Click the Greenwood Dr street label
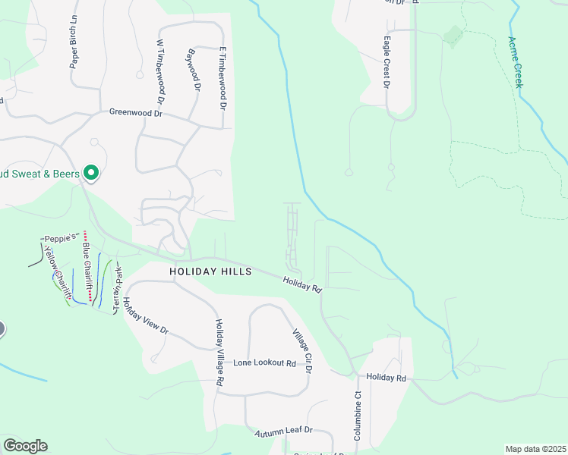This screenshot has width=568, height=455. point(136,113)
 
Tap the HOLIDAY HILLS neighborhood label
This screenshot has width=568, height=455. point(210,271)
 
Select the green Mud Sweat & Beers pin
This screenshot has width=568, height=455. point(91,174)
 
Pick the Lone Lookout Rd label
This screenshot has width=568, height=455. point(264,363)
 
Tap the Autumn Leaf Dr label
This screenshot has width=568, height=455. point(283,431)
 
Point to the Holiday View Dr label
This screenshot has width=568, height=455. point(144,318)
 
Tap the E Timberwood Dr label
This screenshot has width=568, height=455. point(223,79)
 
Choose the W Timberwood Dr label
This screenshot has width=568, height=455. point(160,72)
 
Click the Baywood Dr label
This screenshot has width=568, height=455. point(193,71)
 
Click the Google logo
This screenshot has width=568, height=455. point(25,446)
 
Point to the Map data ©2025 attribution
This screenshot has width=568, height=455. point(535,449)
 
